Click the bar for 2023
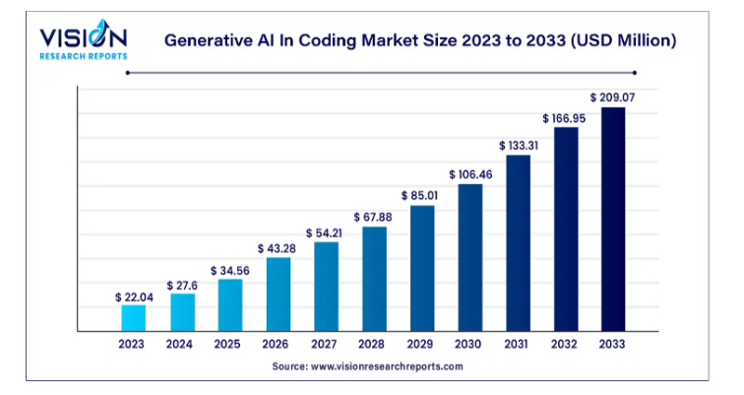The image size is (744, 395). [x=133, y=317]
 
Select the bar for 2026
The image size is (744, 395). [x=279, y=294]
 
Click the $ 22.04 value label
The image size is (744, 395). [x=132, y=296]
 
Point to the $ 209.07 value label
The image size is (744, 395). [x=612, y=98]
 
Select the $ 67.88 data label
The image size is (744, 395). [x=374, y=217]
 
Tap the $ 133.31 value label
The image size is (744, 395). [x=518, y=146]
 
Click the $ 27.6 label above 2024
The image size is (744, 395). [x=181, y=284]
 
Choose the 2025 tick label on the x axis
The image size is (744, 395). [x=229, y=345]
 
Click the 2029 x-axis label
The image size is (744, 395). [x=421, y=345]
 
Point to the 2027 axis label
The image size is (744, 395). [x=326, y=345]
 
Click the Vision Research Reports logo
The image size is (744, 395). [x=83, y=40]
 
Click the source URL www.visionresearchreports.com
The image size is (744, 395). [x=387, y=366]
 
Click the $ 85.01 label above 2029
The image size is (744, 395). [x=422, y=195]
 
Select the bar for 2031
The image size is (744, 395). [x=518, y=242]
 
